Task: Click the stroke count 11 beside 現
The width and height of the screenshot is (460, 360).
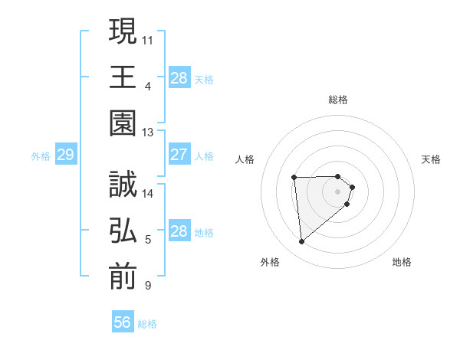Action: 148,38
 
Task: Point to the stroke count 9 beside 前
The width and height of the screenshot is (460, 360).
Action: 148,286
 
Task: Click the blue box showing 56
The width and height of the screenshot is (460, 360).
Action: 123,322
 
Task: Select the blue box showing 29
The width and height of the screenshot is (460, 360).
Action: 65,155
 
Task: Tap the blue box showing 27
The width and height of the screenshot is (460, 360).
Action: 179,155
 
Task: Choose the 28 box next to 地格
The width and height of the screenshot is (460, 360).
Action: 179,231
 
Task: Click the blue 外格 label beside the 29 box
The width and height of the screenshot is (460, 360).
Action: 41,156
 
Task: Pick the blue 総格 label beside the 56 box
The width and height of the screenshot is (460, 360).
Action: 147,324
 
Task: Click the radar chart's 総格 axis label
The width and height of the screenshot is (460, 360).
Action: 338,100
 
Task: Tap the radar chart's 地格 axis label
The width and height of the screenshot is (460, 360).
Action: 402,262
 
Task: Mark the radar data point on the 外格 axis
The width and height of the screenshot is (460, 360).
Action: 302,242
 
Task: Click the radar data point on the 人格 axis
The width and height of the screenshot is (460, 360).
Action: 294,178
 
